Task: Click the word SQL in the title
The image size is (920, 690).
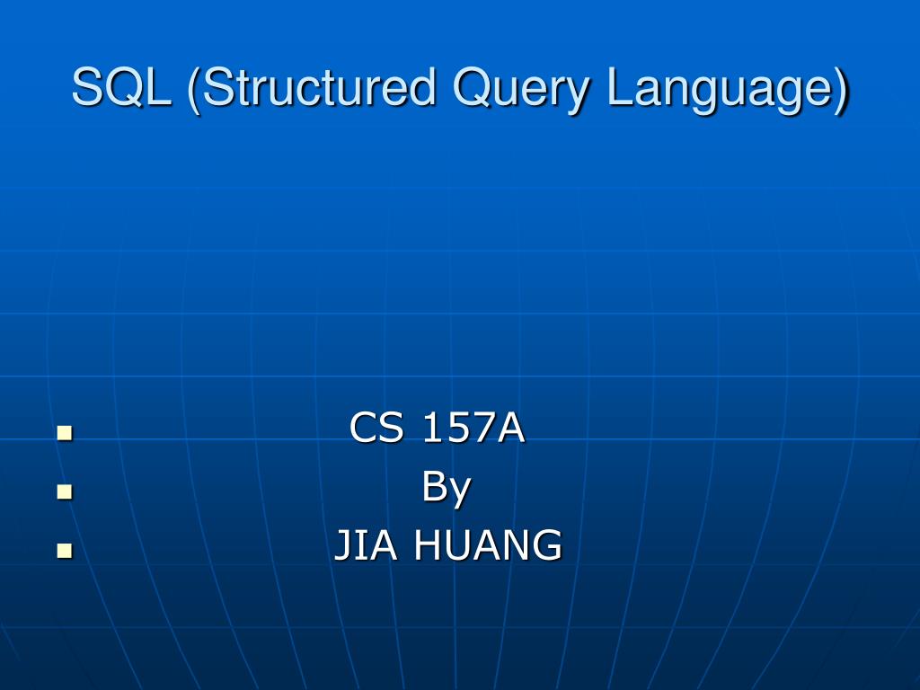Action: (x=121, y=89)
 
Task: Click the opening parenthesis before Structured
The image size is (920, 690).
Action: (x=193, y=90)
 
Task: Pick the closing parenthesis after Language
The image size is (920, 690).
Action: (x=840, y=90)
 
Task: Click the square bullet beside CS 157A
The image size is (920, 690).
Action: (x=64, y=433)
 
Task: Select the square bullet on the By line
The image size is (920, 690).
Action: (x=64, y=491)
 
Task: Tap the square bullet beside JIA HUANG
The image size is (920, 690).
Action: (x=64, y=550)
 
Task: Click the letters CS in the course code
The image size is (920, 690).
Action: (x=376, y=429)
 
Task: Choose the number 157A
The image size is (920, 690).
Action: (x=473, y=429)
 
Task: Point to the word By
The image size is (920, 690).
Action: (x=447, y=488)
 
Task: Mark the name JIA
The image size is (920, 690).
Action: (x=366, y=545)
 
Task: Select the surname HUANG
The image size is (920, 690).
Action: (x=488, y=545)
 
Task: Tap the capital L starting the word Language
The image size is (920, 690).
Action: (x=617, y=89)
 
